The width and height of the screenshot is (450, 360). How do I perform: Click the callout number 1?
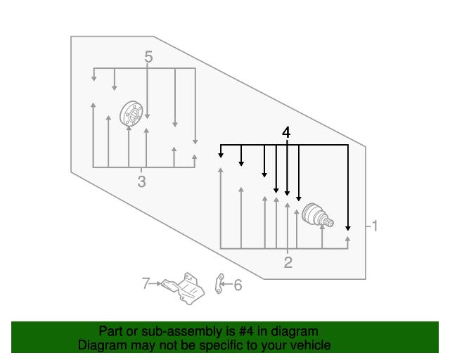tap(375, 226)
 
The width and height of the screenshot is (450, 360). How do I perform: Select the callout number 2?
tap(288, 264)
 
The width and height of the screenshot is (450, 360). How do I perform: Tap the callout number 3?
tap(141, 183)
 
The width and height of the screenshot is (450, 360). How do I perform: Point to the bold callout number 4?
tap(285, 132)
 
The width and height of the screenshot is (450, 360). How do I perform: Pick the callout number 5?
tap(148, 57)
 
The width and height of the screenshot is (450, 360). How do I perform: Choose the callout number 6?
tap(237, 285)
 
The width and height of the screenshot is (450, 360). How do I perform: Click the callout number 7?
tap(146, 283)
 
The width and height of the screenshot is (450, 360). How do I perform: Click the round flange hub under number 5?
tap(132, 113)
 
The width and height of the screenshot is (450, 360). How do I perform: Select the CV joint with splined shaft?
tap(316, 216)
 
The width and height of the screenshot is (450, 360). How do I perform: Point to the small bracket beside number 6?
tap(219, 284)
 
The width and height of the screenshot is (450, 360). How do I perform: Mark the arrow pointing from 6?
tap(227, 285)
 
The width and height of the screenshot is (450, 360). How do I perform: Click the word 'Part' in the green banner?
tap(112, 331)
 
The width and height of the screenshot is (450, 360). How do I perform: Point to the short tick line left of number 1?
tap(368, 226)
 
